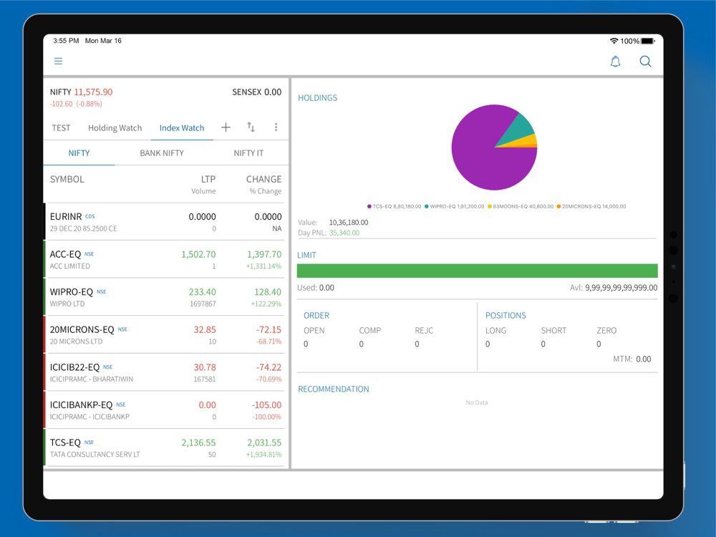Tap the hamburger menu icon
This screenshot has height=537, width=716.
pyautogui.click(x=58, y=62)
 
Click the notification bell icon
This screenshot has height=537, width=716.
pyautogui.click(x=615, y=62)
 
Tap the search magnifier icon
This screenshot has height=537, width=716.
pyautogui.click(x=645, y=62)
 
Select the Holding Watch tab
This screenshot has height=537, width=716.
pyautogui.click(x=115, y=128)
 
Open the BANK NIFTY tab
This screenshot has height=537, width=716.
pyautogui.click(x=162, y=153)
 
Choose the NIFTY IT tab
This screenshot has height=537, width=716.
pyautogui.click(x=248, y=153)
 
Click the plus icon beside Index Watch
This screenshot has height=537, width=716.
pyautogui.click(x=226, y=127)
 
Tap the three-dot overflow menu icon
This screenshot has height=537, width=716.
pyautogui.click(x=276, y=127)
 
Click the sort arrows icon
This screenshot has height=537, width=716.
pyautogui.click(x=251, y=127)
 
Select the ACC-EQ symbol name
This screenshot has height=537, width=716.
pyautogui.click(x=66, y=254)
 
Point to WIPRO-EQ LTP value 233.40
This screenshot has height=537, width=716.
pyautogui.click(x=202, y=292)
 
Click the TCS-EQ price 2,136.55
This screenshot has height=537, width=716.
pyautogui.click(x=198, y=442)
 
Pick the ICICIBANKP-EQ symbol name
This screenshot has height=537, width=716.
pyautogui.click(x=81, y=405)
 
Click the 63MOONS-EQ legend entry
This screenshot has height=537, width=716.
pyautogui.click(x=523, y=206)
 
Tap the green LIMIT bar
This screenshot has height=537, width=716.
pyautogui.click(x=477, y=271)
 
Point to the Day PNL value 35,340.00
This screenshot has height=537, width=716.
pyautogui.click(x=344, y=233)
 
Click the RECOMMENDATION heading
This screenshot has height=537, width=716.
pyautogui.click(x=334, y=390)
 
